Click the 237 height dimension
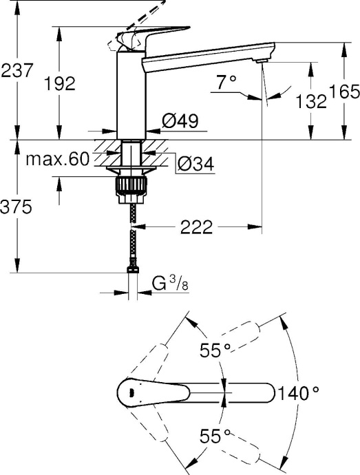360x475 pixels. coord(17,70)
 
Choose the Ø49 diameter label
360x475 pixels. coord(180,121)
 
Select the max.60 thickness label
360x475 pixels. coord(58,160)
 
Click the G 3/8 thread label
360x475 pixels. coord(167,283)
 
